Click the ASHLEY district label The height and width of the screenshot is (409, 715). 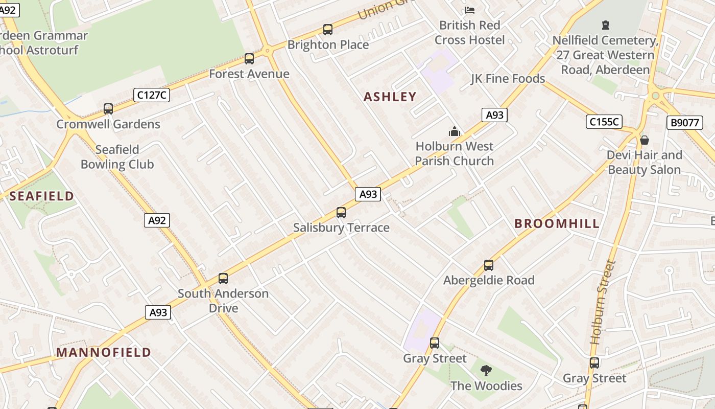click(x=390, y=97)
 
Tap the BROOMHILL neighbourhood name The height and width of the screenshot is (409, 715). click(x=557, y=223)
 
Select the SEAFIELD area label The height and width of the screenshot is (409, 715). click(x=41, y=196)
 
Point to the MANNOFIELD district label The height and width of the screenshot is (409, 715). click(x=104, y=352)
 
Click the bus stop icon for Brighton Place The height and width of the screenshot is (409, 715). click(x=328, y=30)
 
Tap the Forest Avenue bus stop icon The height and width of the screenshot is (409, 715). click(x=249, y=59)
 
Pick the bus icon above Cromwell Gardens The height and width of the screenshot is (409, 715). click(x=108, y=109)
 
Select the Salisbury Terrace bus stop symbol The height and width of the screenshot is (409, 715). click(x=341, y=213)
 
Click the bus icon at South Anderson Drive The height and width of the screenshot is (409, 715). click(x=223, y=279)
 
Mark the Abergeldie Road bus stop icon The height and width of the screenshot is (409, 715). click(x=489, y=265)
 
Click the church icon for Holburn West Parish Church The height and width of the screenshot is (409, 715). click(x=454, y=131)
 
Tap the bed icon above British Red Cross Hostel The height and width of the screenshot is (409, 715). click(x=469, y=10)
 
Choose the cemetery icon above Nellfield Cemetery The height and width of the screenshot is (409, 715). click(x=606, y=25)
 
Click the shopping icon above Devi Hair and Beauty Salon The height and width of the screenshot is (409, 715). click(x=645, y=140)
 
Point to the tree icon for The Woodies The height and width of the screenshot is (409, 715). click(x=486, y=371)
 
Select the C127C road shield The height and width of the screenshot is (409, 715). click(x=152, y=95)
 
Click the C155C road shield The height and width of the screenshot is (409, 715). click(x=604, y=122)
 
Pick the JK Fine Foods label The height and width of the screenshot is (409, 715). click(x=508, y=79)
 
